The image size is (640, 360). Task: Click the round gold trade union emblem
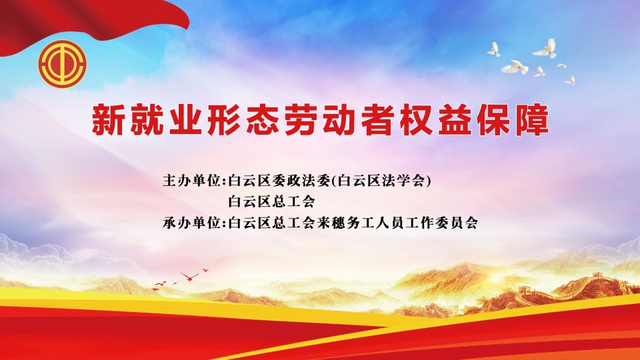[x=63, y=64]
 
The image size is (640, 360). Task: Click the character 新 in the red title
[x=108, y=120]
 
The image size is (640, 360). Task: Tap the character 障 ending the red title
[x=532, y=120]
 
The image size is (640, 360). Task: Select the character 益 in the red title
[x=455, y=120]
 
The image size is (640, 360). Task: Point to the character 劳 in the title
[x=301, y=120]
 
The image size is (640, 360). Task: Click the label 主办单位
[x=192, y=181]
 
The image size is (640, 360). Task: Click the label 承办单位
[x=192, y=223]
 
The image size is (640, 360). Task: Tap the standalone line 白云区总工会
[x=272, y=201]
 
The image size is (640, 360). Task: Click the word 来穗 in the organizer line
[x=331, y=223]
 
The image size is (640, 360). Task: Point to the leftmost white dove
[x=494, y=49]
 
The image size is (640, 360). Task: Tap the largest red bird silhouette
[x=189, y=276]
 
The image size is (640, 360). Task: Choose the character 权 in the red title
[x=416, y=120]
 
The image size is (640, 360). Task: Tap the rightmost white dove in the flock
[x=570, y=80]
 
